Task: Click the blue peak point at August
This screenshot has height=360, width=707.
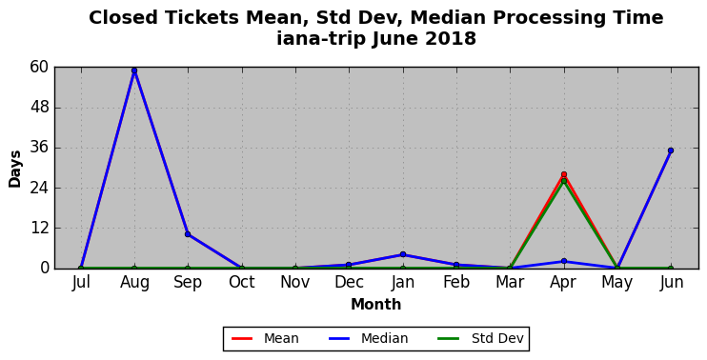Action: [x=134, y=70]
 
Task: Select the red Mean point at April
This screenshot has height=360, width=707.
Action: [x=564, y=174]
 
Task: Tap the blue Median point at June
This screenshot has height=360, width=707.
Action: [x=671, y=150]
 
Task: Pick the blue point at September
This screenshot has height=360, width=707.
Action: [x=188, y=234]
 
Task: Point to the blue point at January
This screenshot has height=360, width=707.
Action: [x=403, y=254]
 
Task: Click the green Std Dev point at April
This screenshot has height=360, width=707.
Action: [x=564, y=181]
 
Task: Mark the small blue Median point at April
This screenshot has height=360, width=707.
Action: [x=564, y=261]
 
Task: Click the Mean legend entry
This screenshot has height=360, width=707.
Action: [x=265, y=338]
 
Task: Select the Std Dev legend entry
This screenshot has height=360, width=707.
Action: [x=481, y=338]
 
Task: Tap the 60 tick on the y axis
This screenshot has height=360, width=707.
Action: [x=39, y=68]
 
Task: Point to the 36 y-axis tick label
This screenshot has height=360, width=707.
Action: [x=39, y=149]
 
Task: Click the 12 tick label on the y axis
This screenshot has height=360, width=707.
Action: [x=39, y=229]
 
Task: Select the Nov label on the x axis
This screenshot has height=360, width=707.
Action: [x=295, y=283]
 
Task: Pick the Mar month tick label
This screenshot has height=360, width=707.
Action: [x=510, y=283]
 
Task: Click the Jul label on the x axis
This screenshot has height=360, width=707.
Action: [x=81, y=283]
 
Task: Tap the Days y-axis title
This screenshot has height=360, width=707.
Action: [x=15, y=169]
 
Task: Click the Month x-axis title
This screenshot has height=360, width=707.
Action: [x=376, y=305]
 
